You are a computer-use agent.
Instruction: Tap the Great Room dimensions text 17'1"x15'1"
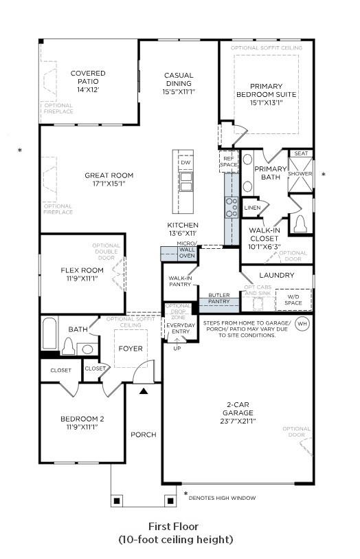click(109, 184)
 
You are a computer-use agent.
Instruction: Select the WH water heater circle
click(302, 323)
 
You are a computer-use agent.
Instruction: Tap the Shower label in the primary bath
click(300, 174)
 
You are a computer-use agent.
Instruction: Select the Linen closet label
click(252, 207)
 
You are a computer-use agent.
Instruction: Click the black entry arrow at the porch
click(144, 391)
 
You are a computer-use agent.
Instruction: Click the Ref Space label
click(228, 162)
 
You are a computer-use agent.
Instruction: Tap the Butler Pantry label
click(219, 298)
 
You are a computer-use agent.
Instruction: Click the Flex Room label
click(82, 270)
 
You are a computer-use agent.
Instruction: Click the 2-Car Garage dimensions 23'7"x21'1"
click(238, 421)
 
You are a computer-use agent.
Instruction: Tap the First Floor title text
click(175, 526)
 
